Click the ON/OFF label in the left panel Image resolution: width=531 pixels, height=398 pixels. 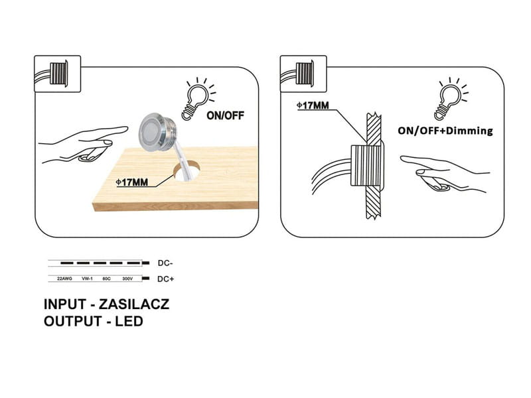coord(225,115)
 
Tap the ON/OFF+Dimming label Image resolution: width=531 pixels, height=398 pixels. coord(445,131)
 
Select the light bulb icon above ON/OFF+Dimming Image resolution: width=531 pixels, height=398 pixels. coord(451,99)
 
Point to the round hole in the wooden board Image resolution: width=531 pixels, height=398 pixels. coord(186,170)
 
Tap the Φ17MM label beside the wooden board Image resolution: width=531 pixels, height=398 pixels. coord(132,182)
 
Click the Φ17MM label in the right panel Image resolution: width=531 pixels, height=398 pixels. coord(313,105)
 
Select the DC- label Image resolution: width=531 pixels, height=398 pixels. coord(165,263)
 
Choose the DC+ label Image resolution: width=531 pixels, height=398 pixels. coord(165,279)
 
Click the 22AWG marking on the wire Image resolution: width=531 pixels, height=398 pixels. coord(64,279)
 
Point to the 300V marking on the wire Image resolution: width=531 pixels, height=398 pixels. coord(127,279)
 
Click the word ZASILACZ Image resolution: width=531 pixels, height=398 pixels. coord(134,304)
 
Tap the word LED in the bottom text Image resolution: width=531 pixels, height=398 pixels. coord(129,321)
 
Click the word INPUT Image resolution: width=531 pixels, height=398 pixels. coord(65,304)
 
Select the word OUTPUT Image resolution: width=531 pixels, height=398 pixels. coord(73,321)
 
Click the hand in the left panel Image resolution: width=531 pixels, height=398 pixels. coord(83,145)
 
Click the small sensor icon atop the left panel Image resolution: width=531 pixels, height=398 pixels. coord(58,74)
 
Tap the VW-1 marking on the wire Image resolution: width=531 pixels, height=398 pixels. coord(87,279)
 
